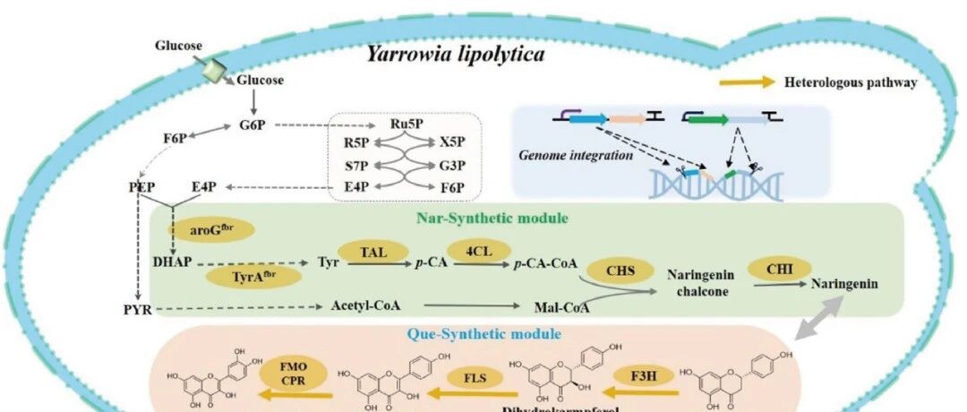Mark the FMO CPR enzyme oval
pyautogui.click(x=286, y=373)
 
